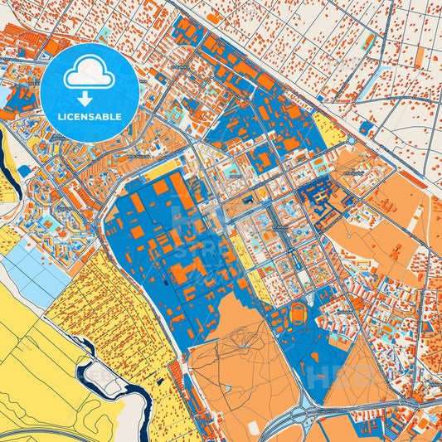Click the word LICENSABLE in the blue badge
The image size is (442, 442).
coord(89,117)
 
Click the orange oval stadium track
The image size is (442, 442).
coord(296,314)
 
